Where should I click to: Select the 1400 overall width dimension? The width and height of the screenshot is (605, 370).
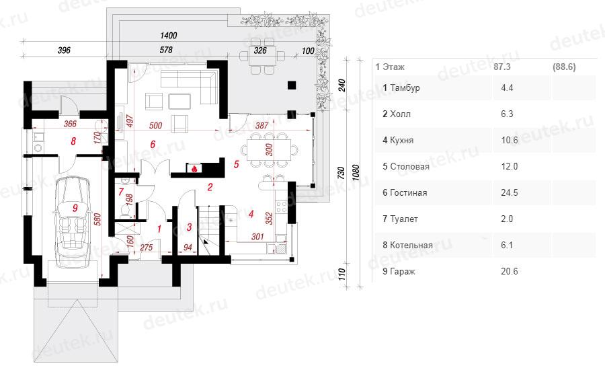169,35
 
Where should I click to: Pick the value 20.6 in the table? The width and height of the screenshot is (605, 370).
510,271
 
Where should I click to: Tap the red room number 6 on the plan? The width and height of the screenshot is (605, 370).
153,144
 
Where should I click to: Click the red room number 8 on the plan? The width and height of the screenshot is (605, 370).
73,141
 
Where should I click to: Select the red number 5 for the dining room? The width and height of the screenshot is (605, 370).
236,163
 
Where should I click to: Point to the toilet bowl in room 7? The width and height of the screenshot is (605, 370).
123,211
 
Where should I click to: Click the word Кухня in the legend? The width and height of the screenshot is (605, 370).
403,141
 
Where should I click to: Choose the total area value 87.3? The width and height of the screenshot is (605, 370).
503,67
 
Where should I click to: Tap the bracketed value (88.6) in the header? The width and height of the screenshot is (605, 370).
563,67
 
